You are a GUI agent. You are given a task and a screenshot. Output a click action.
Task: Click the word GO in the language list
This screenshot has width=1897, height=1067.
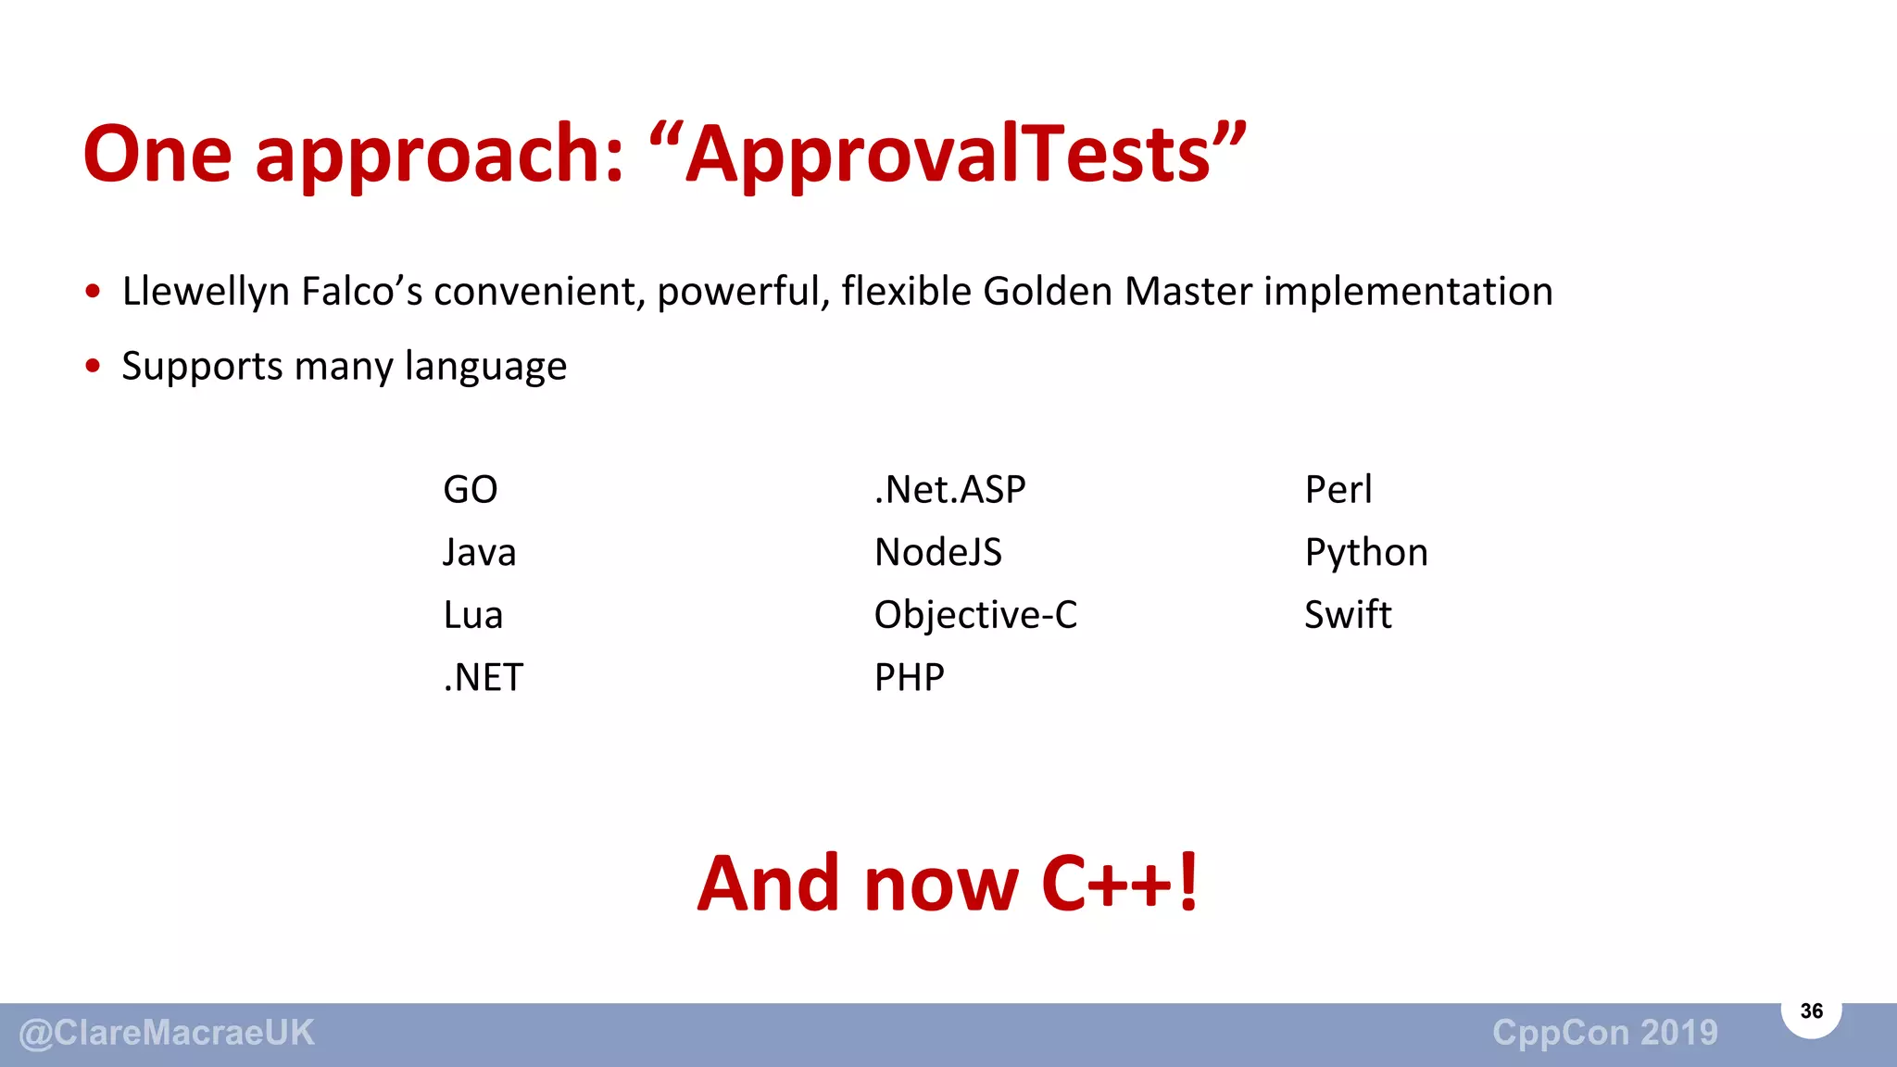[470, 490]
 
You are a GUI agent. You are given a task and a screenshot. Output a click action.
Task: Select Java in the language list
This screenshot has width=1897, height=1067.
[479, 553]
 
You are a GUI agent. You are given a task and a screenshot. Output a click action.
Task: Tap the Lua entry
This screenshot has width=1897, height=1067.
[472, 615]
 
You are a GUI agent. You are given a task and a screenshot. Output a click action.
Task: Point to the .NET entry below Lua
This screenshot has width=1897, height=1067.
[483, 678]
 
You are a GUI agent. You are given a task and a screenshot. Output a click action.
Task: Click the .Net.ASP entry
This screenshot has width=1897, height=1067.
[949, 490]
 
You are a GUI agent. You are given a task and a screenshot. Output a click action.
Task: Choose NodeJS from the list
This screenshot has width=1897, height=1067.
[937, 553]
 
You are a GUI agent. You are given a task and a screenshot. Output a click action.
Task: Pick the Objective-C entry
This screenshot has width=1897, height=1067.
[975, 615]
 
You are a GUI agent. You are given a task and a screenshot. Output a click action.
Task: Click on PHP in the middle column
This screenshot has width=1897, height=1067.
[909, 678]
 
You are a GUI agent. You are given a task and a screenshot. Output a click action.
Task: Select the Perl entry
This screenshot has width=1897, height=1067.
[1338, 490]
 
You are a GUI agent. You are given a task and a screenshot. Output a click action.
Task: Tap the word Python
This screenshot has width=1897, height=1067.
[1365, 554]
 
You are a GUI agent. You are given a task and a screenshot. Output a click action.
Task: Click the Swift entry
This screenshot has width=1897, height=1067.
[1348, 615]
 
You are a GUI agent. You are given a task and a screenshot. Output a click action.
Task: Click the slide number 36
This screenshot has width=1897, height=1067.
[1811, 1011]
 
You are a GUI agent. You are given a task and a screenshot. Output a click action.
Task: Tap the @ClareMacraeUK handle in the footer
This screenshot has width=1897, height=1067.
[167, 1033]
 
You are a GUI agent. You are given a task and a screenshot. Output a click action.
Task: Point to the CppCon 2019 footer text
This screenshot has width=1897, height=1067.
[1604, 1033]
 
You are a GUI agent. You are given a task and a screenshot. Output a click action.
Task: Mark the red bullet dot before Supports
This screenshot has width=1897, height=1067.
[93, 366]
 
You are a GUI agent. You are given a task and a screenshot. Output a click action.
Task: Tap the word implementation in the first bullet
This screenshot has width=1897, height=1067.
[1408, 292]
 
